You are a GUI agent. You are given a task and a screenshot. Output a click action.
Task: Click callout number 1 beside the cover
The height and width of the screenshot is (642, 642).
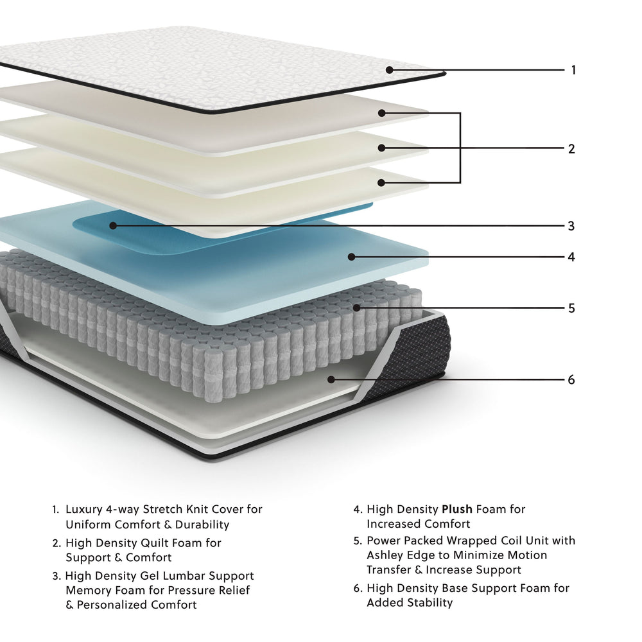pyautogui.click(x=573, y=69)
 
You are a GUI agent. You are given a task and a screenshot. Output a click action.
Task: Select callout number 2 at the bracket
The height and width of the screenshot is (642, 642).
pyautogui.click(x=571, y=149)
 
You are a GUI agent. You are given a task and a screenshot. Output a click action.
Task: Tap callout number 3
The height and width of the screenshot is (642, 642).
pyautogui.click(x=571, y=226)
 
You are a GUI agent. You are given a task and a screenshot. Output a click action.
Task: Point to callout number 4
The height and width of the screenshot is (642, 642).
pyautogui.click(x=571, y=257)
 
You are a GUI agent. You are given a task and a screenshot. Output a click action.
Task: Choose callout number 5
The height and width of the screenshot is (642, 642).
pyautogui.click(x=571, y=308)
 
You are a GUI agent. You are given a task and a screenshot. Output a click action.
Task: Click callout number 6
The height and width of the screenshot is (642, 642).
pyautogui.click(x=571, y=379)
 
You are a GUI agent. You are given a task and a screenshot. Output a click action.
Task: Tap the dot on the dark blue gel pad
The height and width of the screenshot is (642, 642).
pyautogui.click(x=112, y=225)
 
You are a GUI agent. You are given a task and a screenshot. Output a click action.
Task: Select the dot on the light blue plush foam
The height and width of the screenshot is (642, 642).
pyautogui.click(x=351, y=257)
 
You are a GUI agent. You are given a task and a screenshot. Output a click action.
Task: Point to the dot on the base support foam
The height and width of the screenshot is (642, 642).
pyautogui.click(x=331, y=379)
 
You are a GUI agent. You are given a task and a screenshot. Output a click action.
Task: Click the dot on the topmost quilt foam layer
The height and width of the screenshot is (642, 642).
pyautogui.click(x=381, y=113)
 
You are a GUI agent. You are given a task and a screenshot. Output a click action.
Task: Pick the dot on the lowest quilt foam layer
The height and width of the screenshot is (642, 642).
pyautogui.click(x=381, y=182)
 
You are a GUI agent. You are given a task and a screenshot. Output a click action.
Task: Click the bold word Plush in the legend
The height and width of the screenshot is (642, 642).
pyautogui.click(x=457, y=510)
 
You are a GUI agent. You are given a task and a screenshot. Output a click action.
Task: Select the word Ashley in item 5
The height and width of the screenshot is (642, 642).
pyautogui.click(x=386, y=555)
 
